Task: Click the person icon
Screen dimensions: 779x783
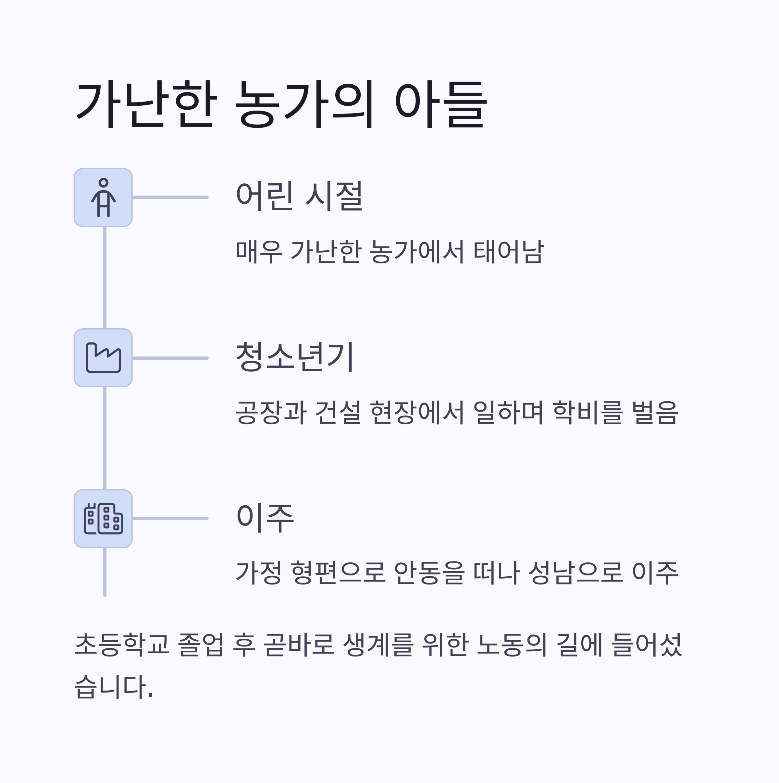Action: (104, 197)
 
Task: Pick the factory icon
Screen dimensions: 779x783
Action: (104, 358)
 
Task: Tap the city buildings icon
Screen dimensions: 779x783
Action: (104, 518)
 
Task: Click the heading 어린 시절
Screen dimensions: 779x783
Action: (299, 197)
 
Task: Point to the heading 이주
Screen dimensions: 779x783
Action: (265, 518)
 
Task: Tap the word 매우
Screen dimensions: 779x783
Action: (259, 252)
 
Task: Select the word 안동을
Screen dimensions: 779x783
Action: (429, 573)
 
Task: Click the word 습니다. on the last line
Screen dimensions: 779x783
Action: (114, 687)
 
